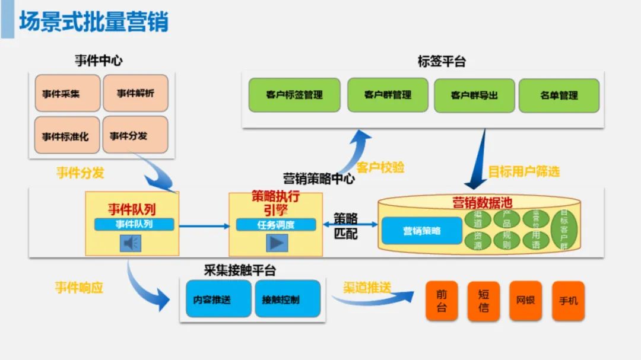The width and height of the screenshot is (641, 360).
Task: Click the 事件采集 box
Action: pyautogui.click(x=67, y=93)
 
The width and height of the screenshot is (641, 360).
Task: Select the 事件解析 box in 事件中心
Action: pyautogui.click(x=135, y=93)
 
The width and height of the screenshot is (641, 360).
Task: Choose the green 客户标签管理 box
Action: pyautogui.click(x=294, y=95)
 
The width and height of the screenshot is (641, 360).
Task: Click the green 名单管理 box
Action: pyautogui.click(x=559, y=95)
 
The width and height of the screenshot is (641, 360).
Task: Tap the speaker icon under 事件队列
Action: pyautogui.click(x=131, y=243)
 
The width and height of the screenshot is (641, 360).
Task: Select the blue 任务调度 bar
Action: pyautogui.click(x=276, y=225)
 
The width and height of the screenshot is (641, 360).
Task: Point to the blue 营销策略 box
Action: pyautogui.click(x=422, y=231)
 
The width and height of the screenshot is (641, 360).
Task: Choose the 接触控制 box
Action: pyautogui.click(x=287, y=299)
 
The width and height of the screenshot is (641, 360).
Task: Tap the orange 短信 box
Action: pyautogui.click(x=483, y=301)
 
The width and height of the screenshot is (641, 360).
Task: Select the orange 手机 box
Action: pyautogui.click(x=568, y=301)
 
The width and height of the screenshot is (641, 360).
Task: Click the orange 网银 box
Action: pyautogui.click(x=525, y=301)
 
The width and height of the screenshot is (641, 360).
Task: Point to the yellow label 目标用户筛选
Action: pyautogui.click(x=523, y=172)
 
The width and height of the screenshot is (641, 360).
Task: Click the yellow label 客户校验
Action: pyautogui.click(x=380, y=168)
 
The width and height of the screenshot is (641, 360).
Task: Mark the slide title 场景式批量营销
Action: pyautogui.click(x=94, y=21)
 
